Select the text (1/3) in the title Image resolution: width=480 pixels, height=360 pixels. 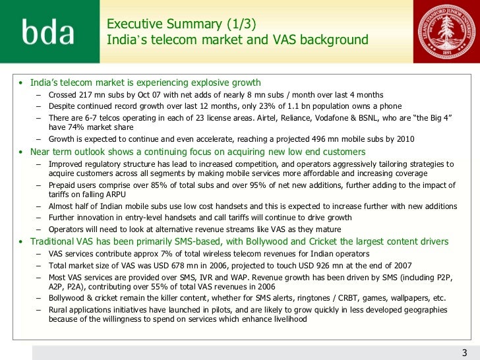(236, 24)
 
